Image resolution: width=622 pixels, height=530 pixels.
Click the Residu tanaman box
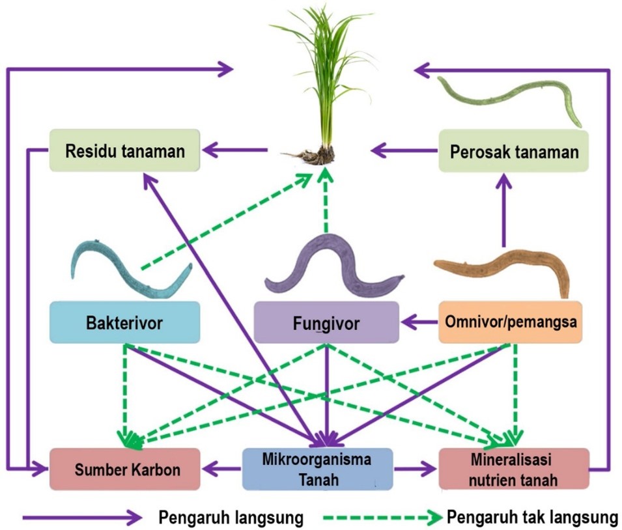(125, 151)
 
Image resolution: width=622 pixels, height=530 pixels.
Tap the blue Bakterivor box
(124, 322)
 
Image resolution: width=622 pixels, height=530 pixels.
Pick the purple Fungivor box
(326, 322)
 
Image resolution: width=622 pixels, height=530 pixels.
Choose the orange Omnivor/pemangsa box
(509, 322)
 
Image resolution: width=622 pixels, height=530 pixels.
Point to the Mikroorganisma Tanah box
(318, 469)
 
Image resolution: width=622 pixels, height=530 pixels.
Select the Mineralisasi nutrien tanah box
(514, 469)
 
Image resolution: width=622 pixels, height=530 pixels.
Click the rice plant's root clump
(313, 155)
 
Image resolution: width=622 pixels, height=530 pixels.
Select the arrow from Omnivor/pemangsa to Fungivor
(419, 322)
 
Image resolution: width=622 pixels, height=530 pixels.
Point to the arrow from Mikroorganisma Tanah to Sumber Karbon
(222, 468)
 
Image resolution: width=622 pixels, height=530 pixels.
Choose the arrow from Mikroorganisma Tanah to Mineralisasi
(416, 468)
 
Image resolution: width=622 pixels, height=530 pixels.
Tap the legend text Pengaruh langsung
(231, 518)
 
